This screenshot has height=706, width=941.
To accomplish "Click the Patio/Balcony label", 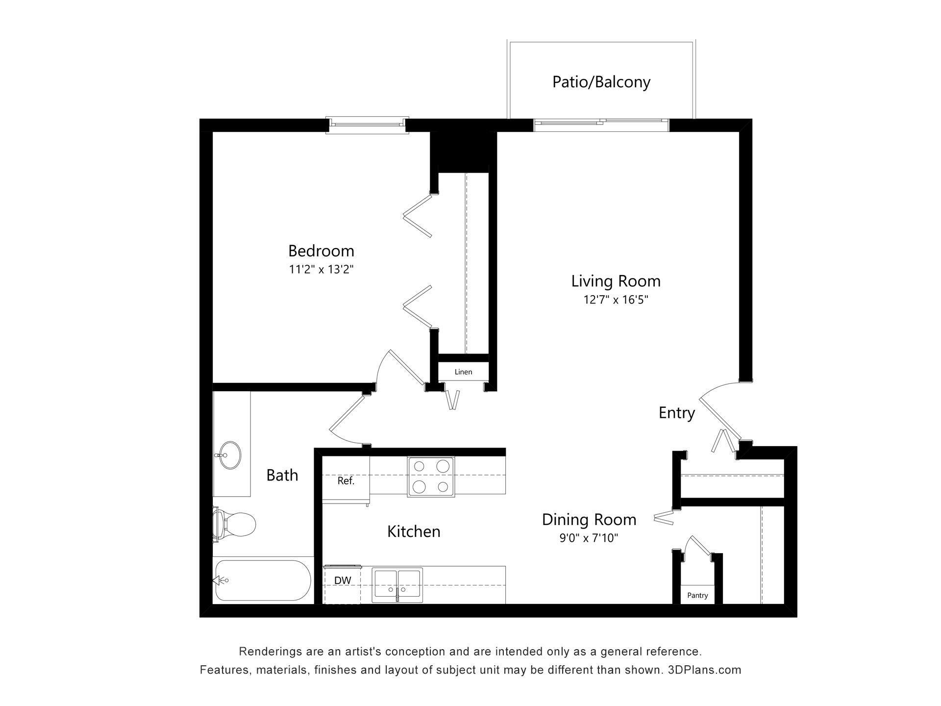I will point(601,82).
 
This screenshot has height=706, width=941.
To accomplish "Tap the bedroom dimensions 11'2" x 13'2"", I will point(321,269).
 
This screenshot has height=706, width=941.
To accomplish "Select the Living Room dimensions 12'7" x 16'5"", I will point(616,300).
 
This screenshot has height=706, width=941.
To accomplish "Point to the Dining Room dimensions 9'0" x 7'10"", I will point(589,538).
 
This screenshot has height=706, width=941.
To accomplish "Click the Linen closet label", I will point(463,372).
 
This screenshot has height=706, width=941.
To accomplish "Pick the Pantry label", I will point(697,595).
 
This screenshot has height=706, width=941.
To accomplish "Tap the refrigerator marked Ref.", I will point(346,481).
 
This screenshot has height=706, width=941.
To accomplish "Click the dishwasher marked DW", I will point(343,581).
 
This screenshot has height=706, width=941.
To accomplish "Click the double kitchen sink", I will point(397,585).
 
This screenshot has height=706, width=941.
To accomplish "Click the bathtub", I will point(263,580).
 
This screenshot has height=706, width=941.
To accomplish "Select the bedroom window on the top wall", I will point(367,125).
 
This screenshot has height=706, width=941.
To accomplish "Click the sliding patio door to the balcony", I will point(601,125).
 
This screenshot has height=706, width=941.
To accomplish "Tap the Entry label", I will point(676,413).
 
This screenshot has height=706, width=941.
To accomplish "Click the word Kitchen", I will point(414,531).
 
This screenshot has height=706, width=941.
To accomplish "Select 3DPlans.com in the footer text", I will point(704,670).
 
